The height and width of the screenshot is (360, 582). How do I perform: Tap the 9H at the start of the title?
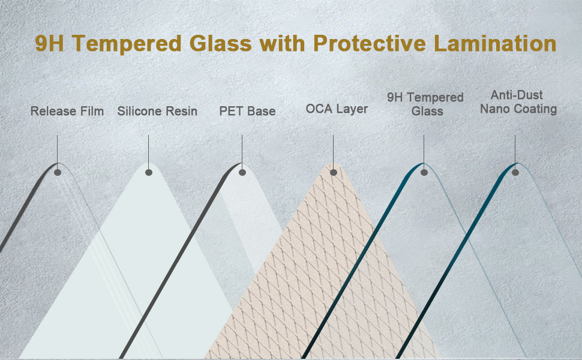[49, 43]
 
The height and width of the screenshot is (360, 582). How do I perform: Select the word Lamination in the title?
[495, 43]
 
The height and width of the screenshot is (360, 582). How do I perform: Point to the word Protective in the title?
[370, 43]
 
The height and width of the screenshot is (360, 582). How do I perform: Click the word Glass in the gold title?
[220, 43]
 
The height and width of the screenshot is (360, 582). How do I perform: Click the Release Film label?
[67, 111]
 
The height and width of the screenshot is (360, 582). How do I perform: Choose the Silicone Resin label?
[157, 111]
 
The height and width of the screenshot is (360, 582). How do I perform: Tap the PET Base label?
[248, 111]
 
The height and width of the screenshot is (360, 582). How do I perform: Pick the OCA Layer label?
[337, 109]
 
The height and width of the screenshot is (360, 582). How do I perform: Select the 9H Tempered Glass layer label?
[426, 104]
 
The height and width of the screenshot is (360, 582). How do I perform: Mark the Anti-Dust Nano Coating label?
[518, 102]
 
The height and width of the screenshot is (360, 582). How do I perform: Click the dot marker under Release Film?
[58, 172]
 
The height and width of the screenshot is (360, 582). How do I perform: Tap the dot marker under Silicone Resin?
[149, 172]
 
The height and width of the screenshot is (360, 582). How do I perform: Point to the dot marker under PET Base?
[242, 172]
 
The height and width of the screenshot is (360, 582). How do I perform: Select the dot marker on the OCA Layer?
[334, 172]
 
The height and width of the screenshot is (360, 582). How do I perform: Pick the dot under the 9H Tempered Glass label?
[424, 172]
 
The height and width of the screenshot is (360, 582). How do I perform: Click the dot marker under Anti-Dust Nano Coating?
[515, 172]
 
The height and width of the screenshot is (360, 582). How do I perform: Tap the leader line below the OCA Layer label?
[334, 152]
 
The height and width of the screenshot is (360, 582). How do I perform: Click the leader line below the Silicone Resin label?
[148, 152]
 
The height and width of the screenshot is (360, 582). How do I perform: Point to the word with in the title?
[282, 43]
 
